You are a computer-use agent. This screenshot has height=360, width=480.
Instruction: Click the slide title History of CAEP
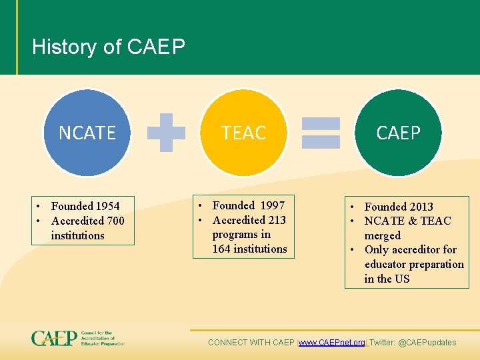(109, 47)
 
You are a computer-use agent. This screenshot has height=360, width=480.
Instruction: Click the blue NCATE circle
(87, 133)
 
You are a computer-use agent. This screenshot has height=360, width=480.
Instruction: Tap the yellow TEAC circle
(243, 133)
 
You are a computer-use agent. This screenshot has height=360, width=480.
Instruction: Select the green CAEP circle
(398, 133)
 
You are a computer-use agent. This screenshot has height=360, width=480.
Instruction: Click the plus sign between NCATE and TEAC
(166, 132)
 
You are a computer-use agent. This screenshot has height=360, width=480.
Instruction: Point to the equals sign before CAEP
(321, 132)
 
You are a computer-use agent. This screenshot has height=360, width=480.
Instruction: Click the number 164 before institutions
(222, 249)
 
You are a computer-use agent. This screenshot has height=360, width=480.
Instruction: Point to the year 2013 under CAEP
(421, 207)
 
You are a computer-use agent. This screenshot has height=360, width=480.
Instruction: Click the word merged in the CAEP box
(383, 235)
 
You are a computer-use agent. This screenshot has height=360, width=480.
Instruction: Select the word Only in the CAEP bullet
(377, 250)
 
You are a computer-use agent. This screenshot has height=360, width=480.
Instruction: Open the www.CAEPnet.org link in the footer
(332, 343)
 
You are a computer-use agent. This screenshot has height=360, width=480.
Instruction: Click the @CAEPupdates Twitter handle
(427, 343)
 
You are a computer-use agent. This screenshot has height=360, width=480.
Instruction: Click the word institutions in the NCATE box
(77, 235)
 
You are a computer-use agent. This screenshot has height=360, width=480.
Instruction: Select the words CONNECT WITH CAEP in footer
(251, 343)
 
